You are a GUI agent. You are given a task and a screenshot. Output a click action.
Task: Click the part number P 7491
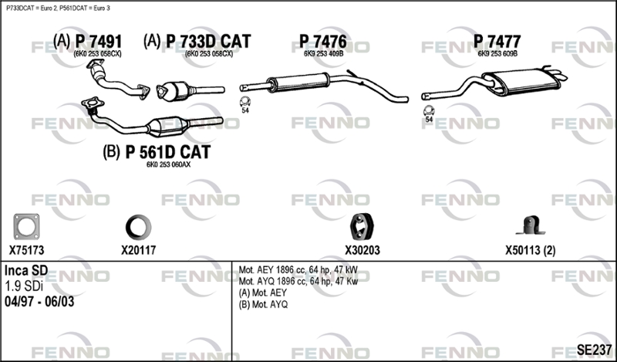point(99,42)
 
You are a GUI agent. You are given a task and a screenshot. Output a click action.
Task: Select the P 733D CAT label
point(208,42)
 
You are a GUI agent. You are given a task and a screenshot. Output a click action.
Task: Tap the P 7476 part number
point(323,42)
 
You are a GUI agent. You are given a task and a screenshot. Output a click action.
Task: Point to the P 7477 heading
point(497,42)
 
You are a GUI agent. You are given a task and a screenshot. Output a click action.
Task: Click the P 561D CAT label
point(168,152)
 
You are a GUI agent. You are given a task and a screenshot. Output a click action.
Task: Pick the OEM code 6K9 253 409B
point(323,53)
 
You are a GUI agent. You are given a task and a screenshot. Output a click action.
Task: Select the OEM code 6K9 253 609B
point(497,53)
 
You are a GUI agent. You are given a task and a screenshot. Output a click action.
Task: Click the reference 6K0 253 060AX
point(168,164)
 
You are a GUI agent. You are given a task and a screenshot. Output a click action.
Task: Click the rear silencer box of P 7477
point(521,82)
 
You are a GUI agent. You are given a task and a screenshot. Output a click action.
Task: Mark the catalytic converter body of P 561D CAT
point(167,126)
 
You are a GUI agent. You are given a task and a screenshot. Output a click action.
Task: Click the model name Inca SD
point(26,271)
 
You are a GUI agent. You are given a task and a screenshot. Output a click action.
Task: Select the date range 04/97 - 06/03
point(39,302)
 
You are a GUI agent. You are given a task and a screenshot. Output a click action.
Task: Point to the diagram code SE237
point(594,350)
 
